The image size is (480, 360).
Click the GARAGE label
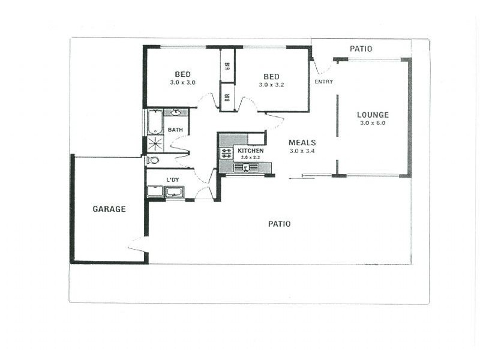coord(109,209)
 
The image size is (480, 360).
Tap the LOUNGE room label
coord(373,115)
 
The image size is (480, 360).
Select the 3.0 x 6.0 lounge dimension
coord(373,123)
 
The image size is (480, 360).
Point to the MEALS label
coord(302,143)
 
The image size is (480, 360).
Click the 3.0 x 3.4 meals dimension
coord(302,151)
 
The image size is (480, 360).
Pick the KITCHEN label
coord(250,151)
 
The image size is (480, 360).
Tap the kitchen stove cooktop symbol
coord(226,153)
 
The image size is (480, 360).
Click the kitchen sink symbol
coord(246,167)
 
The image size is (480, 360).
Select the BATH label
coord(175,130)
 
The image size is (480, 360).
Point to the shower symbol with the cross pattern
coord(155,144)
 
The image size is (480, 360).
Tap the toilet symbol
coord(153,160)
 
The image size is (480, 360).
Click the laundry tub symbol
coord(174,192)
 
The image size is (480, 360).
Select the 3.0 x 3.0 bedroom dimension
coord(182,83)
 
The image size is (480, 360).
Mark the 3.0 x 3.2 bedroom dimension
coord(271,85)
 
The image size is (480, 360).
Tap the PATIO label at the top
coord(361,49)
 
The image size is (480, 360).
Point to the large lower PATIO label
coord(279,224)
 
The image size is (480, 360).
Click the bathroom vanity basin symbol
coord(176,112)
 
